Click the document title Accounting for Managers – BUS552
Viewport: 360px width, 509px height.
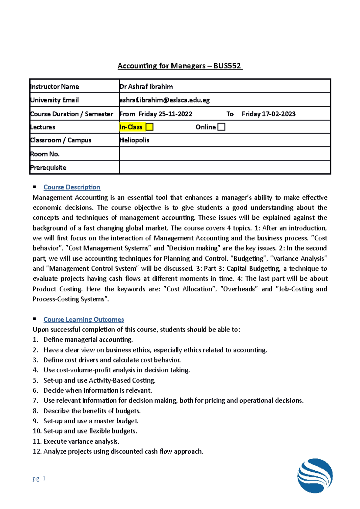180,66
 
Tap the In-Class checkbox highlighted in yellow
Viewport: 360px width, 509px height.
149,127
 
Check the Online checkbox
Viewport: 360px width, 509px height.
221,127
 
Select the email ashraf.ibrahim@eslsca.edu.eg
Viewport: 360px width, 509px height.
164,100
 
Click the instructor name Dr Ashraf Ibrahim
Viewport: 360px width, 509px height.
146,87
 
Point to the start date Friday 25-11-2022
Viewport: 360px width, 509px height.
165,114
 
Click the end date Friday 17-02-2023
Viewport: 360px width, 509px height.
268,114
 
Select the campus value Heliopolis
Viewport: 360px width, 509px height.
134,140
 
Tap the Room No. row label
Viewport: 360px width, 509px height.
45,154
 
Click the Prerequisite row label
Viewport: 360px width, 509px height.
48,168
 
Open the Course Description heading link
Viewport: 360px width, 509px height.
72,187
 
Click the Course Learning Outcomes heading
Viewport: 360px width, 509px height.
84,320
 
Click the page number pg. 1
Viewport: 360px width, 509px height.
39,478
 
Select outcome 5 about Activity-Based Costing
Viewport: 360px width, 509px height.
99,380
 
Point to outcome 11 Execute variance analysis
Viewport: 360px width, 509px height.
81,441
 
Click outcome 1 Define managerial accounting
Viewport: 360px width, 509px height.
88,340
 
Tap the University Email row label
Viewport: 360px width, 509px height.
54,100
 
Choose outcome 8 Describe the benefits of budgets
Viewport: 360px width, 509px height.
92,411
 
